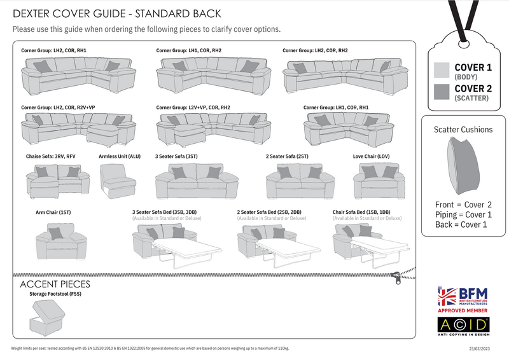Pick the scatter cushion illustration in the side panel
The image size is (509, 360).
click(x=463, y=167)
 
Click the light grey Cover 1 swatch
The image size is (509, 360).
click(x=442, y=70)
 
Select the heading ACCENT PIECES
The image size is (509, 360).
click(x=56, y=284)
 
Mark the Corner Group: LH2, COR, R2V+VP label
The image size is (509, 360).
click(x=58, y=107)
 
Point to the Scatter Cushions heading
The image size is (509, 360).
click(x=463, y=129)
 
